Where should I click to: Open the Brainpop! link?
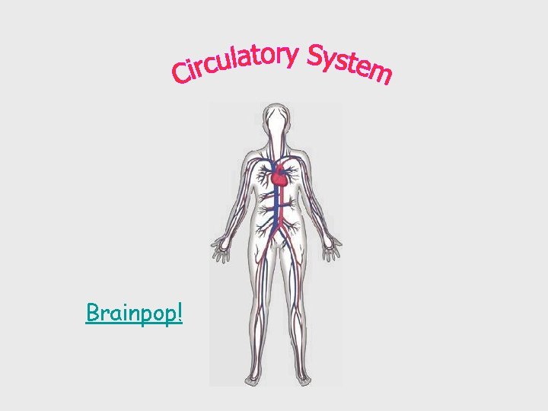tap(134, 313)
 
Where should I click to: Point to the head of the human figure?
tap(275, 123)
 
